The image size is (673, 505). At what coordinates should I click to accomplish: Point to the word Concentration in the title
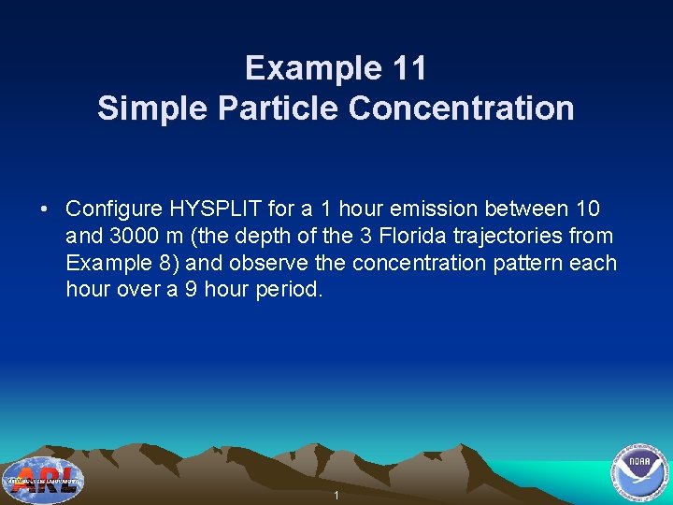click(x=462, y=108)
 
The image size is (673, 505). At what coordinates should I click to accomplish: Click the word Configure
click(x=114, y=209)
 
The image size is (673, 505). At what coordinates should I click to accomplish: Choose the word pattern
click(x=524, y=263)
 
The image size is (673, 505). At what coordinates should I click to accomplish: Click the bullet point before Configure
click(x=46, y=209)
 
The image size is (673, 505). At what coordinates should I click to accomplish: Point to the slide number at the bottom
click(x=336, y=495)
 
